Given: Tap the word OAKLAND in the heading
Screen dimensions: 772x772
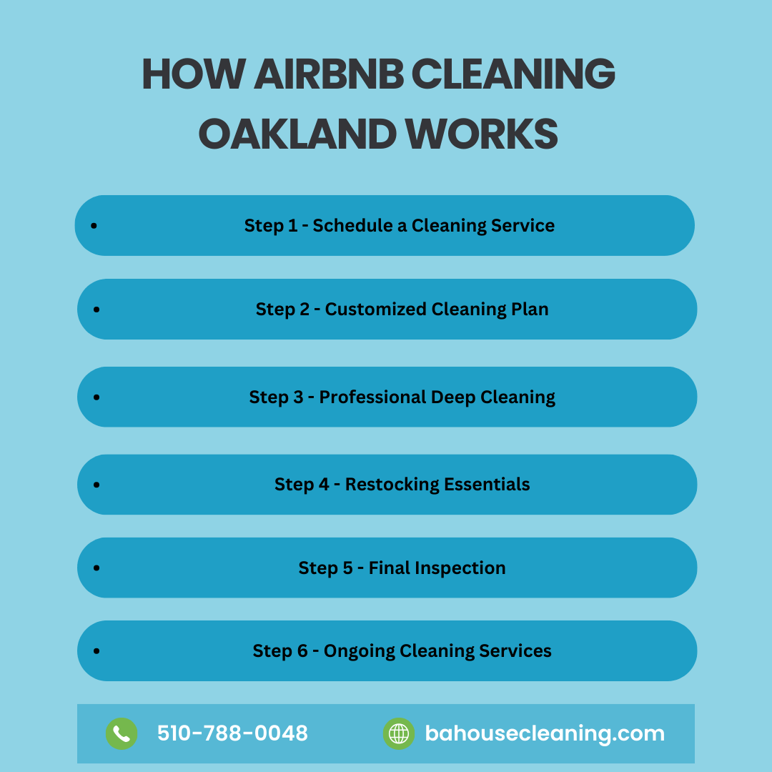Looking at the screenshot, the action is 297,134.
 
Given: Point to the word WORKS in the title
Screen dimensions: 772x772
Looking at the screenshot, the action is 482,134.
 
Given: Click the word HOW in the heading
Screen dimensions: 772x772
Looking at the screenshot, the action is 194,74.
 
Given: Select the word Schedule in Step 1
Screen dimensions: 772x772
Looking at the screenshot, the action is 353,225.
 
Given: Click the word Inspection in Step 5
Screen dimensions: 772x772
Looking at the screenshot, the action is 460,568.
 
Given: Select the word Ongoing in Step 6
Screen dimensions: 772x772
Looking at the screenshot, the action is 359,651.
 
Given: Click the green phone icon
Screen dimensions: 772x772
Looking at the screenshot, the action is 122,733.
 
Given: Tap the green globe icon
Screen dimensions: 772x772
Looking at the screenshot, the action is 399,733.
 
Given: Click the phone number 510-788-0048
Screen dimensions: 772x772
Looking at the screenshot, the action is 232,733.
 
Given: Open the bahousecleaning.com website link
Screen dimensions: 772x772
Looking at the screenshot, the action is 545,733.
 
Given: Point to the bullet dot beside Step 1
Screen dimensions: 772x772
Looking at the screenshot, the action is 94,225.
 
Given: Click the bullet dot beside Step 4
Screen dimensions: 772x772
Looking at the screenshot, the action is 96,485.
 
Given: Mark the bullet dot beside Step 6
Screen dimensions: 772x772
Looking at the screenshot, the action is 96,651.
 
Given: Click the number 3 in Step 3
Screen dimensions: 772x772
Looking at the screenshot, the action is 298,397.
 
